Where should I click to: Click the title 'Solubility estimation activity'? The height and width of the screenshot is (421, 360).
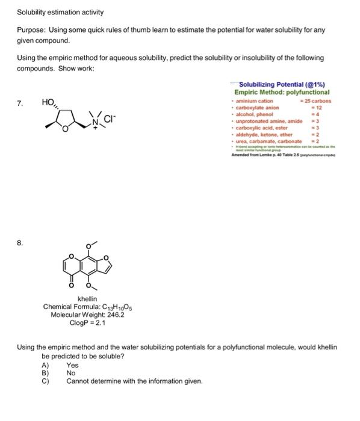[x=60, y=12]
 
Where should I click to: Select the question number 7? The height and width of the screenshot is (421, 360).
[x=20, y=103]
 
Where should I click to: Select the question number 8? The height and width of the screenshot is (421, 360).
[x=20, y=225]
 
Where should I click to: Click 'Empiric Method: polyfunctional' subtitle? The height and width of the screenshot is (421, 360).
[x=282, y=92]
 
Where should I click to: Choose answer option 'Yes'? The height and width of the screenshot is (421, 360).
[x=72, y=365]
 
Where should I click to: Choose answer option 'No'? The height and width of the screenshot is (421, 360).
[x=71, y=373]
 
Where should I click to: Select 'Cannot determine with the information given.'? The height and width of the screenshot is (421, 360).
[x=134, y=381]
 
